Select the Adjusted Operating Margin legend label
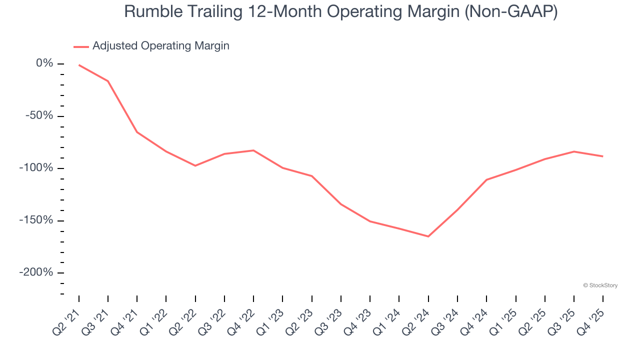[x=160, y=46]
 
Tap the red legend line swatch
[x=81, y=46]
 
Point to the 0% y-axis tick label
[x=44, y=63]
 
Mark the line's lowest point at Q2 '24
[x=428, y=236]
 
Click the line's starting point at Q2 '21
[x=79, y=65]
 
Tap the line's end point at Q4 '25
[x=602, y=156]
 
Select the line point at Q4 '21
[x=137, y=132]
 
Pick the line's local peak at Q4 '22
[x=253, y=150]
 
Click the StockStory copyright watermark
[x=600, y=285]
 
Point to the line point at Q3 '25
[x=573, y=151]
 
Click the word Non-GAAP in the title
[x=509, y=12]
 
